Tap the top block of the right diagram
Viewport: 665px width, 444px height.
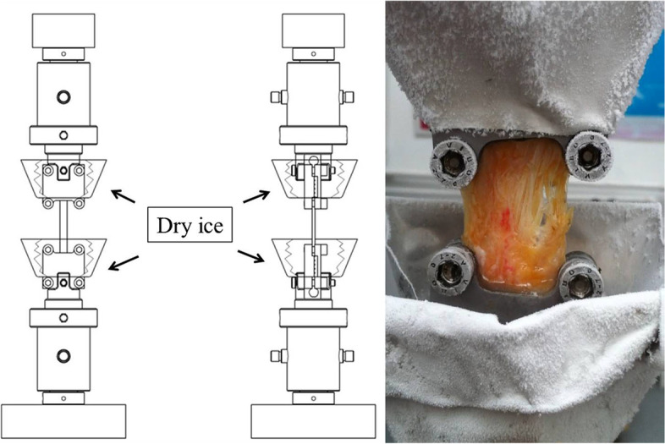click(x=314, y=30)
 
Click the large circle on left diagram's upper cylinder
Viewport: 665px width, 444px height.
click(x=63, y=97)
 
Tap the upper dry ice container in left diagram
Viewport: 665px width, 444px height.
click(x=63, y=178)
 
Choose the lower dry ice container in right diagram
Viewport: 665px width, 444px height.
click(x=314, y=258)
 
